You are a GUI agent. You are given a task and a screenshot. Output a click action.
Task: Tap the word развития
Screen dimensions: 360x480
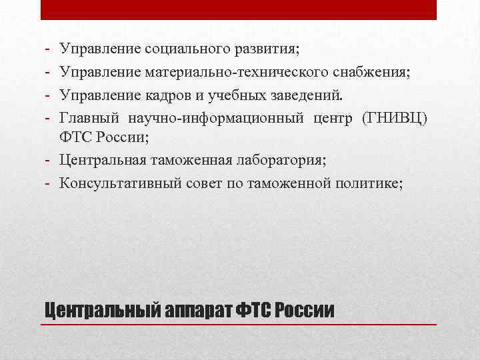[x=267, y=49]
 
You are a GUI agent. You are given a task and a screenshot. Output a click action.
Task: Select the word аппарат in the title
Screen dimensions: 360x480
[x=199, y=309]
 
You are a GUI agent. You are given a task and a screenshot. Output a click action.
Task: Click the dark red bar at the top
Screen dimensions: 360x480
[x=239, y=9]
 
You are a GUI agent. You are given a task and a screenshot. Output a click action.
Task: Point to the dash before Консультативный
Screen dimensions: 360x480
[x=49, y=183]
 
